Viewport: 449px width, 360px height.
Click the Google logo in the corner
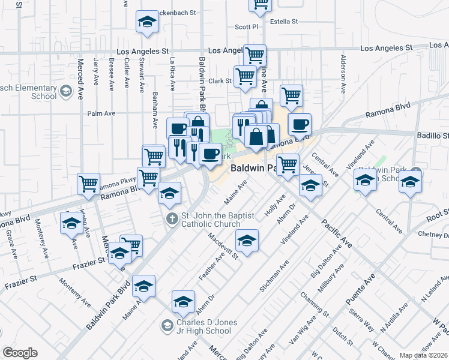pos(20,353)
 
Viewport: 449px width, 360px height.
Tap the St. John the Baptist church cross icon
pos(172,219)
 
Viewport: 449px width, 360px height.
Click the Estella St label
pos(284,22)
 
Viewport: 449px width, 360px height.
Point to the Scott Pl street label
pos(246,26)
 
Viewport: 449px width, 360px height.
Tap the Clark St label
pos(220,81)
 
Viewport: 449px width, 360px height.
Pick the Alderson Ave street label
pos(343,74)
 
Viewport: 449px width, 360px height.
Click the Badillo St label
pos(433,136)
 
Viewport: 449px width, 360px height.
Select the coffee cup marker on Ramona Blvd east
pos(300,125)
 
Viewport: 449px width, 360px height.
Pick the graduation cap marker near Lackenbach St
pos(146,23)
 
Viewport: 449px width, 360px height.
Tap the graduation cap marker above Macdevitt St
pos(246,241)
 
